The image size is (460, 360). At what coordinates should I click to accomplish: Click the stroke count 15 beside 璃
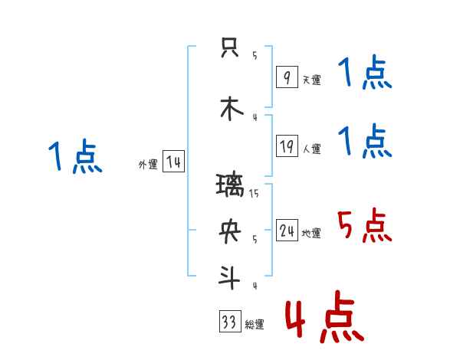pos(254,194)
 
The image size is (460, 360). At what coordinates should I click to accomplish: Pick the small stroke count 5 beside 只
pos(255,55)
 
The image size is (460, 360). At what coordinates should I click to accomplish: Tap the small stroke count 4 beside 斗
pos(255,286)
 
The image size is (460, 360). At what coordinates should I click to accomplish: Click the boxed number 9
pos(287,77)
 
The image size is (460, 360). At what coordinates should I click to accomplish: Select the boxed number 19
pos(287,146)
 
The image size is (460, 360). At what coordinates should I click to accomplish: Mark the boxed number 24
pos(287,231)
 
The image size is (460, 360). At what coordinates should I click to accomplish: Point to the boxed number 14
pos(173,162)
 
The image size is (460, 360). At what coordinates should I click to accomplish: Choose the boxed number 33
pos(229,322)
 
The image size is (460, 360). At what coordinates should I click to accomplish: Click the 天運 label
pos(311,80)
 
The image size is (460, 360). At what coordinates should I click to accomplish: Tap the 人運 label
pos(311,149)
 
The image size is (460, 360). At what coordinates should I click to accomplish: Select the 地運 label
pos(311,233)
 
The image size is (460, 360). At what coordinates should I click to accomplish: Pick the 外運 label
pos(148,164)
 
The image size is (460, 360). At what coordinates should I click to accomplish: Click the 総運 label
pos(255,324)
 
